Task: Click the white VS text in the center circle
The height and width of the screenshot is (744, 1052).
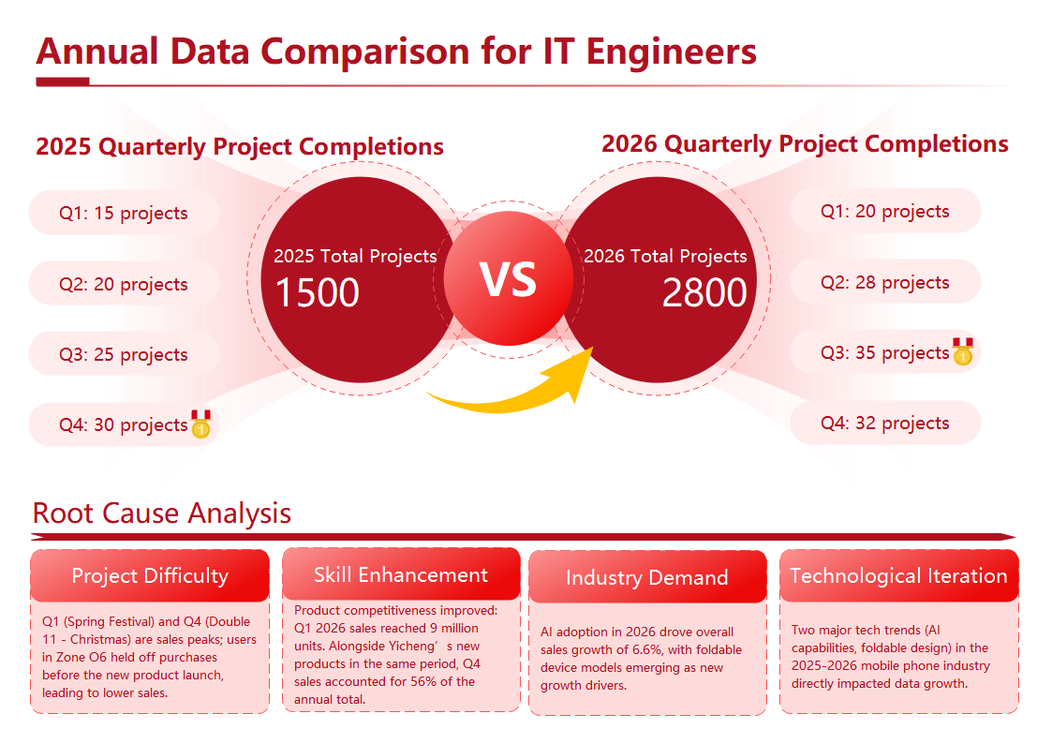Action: coord(509,279)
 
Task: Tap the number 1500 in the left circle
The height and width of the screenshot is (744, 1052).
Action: coord(317,293)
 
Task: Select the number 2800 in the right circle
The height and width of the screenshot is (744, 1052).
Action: coord(704,293)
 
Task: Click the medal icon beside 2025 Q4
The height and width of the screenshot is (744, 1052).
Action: coord(200,424)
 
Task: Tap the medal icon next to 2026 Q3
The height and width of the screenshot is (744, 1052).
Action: coord(962,352)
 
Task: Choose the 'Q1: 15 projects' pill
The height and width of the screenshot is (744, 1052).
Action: coord(124,213)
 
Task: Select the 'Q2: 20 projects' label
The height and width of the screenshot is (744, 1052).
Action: coord(124,284)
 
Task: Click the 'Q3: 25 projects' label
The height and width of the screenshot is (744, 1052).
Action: coord(124,354)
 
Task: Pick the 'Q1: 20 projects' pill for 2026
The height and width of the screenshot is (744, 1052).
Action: coord(884,211)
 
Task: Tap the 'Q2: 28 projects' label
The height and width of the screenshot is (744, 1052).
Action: coord(884,282)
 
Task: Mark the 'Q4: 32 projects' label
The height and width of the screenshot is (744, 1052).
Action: coord(884,423)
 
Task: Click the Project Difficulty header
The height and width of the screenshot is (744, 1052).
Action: coord(150,575)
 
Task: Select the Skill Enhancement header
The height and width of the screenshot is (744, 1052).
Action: coord(401,574)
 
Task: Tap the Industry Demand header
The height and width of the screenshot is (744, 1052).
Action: coord(646,577)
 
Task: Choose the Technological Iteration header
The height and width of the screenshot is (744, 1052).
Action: coord(898,575)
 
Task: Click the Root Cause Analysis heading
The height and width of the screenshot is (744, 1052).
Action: coord(161,513)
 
